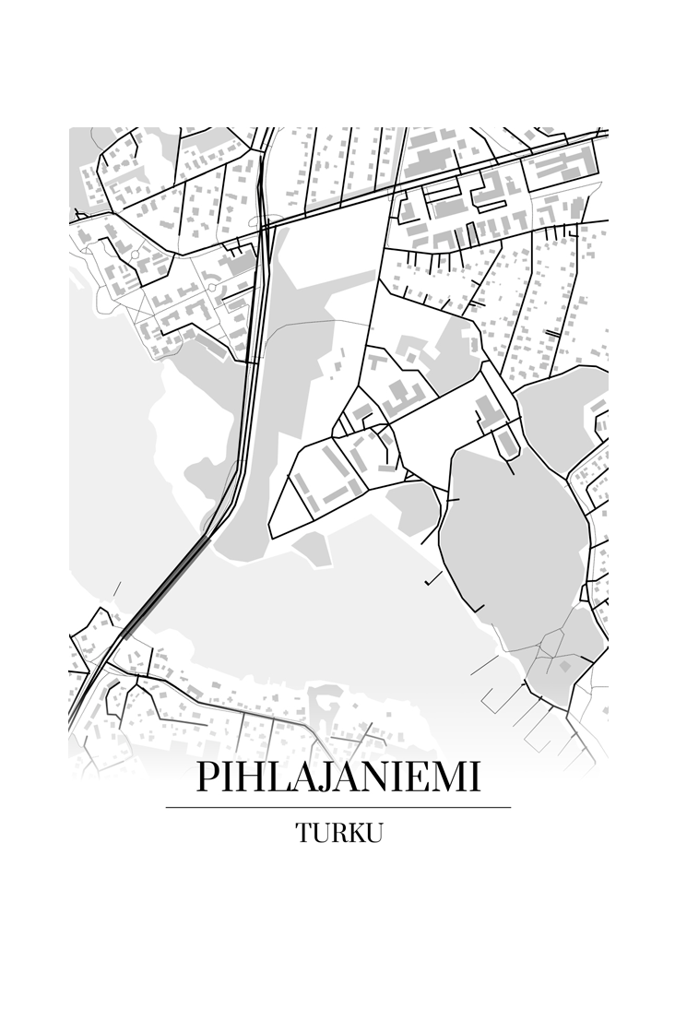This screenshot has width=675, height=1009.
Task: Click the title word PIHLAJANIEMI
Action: pos(337,778)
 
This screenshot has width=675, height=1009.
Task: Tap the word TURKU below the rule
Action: pos(338,833)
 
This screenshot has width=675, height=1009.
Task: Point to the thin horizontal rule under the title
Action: pos(337,807)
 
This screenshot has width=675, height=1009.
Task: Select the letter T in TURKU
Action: pos(303,833)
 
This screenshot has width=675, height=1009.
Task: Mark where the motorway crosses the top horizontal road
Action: pos(266,223)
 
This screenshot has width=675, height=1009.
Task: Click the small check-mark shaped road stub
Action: pos(431,581)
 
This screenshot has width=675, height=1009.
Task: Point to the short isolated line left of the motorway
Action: pos(116,589)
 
